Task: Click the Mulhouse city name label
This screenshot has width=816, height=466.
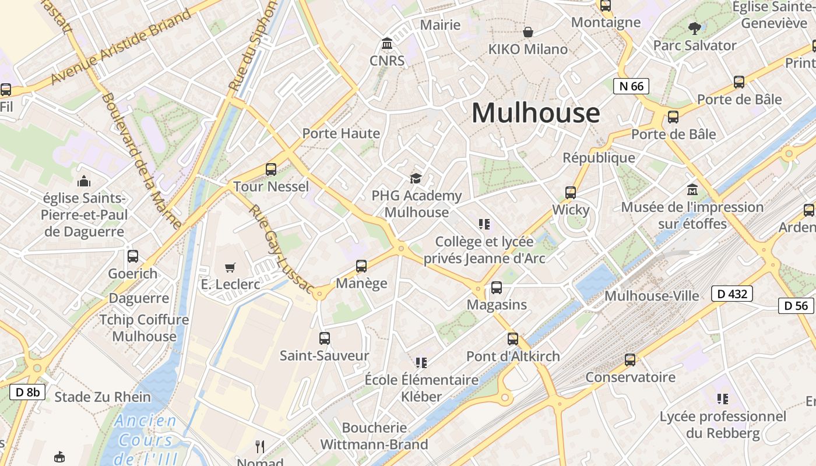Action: coord(535,113)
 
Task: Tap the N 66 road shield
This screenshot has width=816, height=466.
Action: coord(631,86)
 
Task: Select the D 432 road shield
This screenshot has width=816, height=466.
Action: coord(732,294)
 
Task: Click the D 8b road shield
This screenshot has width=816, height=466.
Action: coord(27,392)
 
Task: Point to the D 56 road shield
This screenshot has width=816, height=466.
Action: coord(796,305)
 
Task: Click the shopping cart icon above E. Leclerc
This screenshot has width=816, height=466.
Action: coord(230,267)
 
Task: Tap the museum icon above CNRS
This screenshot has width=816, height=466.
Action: coord(386,44)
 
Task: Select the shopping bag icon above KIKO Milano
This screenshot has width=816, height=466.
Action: coord(528,32)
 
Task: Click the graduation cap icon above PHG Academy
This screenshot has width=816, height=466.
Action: coord(416,178)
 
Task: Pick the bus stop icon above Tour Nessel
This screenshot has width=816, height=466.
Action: coord(271,170)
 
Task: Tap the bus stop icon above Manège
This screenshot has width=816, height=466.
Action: coord(361,266)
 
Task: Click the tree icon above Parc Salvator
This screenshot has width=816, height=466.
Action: coord(694,28)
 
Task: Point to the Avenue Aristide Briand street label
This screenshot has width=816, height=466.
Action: coord(121,47)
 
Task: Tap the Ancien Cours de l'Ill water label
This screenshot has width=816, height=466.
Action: coord(146,440)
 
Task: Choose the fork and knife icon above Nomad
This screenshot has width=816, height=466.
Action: coord(260,447)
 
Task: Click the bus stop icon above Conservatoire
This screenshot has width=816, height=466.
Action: coord(630,360)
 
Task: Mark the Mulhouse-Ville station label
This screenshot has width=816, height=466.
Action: coord(652,296)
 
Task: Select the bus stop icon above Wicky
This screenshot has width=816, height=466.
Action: coord(571,193)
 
